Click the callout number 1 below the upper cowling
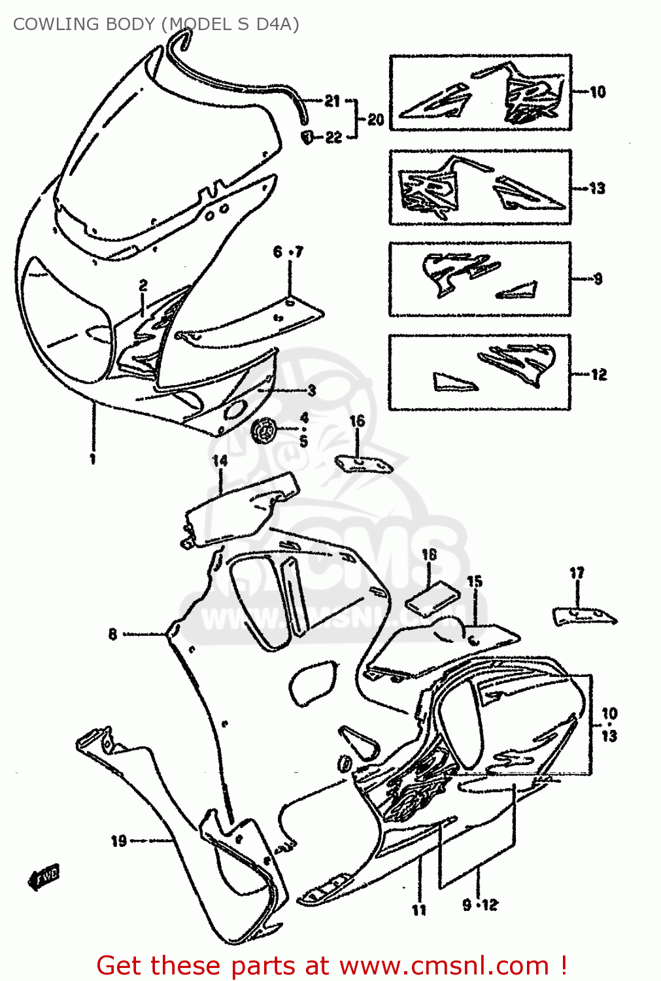[93, 458]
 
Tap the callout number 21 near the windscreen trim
[332, 101]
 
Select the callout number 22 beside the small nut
[333, 137]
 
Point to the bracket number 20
[376, 119]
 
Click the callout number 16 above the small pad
[357, 421]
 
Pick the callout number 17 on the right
[577, 574]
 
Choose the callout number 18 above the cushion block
[429, 555]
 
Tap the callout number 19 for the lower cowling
[118, 840]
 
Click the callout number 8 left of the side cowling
[112, 634]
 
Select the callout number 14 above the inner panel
[220, 460]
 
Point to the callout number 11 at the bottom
[419, 910]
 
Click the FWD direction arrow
[43, 876]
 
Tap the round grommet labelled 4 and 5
[264, 431]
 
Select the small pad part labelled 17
[583, 615]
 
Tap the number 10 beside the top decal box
[598, 92]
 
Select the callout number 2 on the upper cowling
[143, 285]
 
